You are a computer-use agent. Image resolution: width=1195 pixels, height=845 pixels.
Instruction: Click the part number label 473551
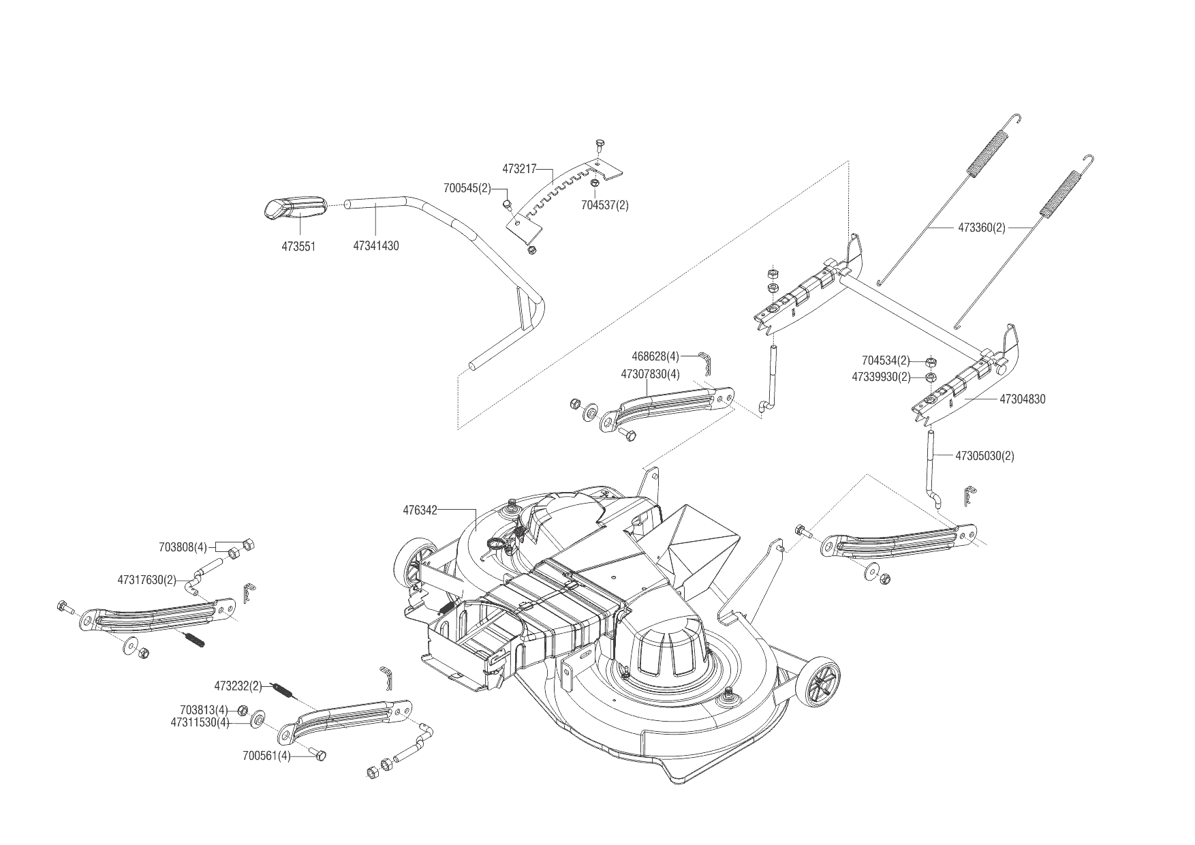pyautogui.click(x=298, y=246)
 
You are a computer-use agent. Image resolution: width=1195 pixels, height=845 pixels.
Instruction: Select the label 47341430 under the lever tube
pyautogui.click(x=376, y=246)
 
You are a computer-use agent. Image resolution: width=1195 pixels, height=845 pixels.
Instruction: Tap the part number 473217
pyautogui.click(x=521, y=168)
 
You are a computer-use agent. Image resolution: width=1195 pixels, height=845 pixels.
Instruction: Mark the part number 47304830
pyautogui.click(x=1022, y=399)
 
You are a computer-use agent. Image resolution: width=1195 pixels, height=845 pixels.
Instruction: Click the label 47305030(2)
pyautogui.click(x=984, y=456)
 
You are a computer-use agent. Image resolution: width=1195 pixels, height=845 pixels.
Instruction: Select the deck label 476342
pyautogui.click(x=420, y=509)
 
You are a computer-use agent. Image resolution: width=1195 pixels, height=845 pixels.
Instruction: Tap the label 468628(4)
pyautogui.click(x=655, y=356)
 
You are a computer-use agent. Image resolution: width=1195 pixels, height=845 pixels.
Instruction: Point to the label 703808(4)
pyautogui.click(x=183, y=547)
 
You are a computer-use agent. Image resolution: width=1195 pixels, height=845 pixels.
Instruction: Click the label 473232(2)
pyautogui.click(x=238, y=686)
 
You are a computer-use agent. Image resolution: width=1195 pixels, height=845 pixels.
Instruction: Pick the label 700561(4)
pyautogui.click(x=266, y=756)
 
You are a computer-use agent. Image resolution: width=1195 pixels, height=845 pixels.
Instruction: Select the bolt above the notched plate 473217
pyautogui.click(x=600, y=144)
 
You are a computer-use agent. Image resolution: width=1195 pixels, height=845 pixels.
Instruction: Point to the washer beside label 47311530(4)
pyautogui.click(x=259, y=720)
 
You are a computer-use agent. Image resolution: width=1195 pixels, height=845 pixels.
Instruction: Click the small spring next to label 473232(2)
pyautogui.click(x=283, y=690)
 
